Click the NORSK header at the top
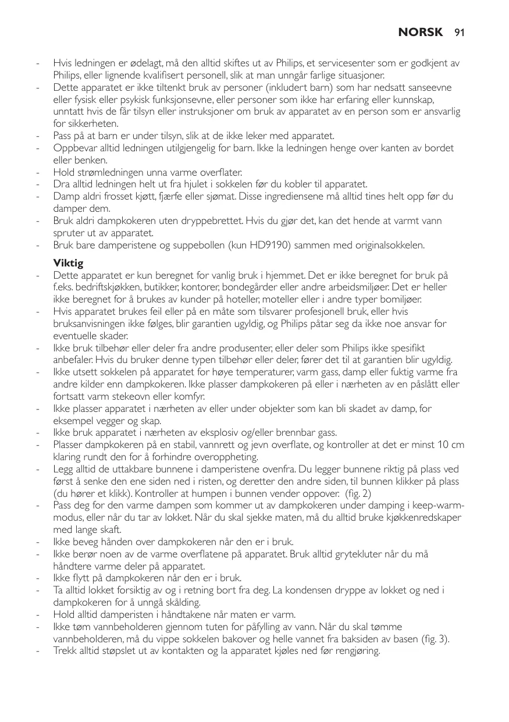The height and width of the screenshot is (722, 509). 421,33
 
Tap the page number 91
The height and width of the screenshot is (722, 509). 460,33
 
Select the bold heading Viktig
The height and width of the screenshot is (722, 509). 68,264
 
